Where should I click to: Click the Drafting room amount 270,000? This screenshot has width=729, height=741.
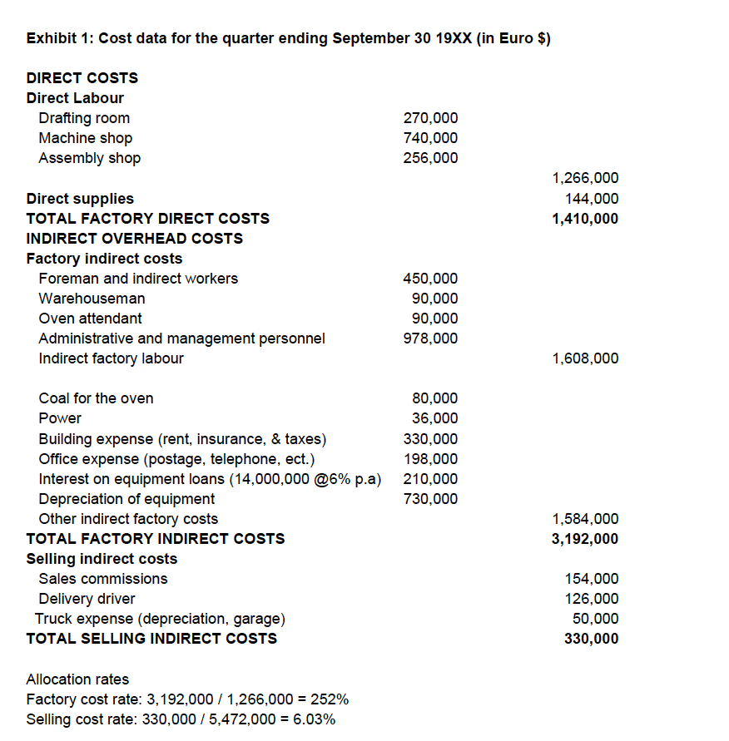pyautogui.click(x=430, y=118)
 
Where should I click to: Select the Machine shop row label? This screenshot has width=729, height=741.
pyautogui.click(x=85, y=138)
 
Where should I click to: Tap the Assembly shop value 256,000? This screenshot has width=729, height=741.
pyautogui.click(x=430, y=158)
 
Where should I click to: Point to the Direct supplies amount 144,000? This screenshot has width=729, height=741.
pyautogui.click(x=591, y=199)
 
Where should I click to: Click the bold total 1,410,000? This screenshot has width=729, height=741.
pyautogui.click(x=585, y=219)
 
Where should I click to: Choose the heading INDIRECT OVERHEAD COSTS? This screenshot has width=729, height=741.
pyautogui.click(x=135, y=239)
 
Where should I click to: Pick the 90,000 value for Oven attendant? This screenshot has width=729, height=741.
pyautogui.click(x=434, y=319)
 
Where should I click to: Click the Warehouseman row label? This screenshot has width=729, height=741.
pyautogui.click(x=92, y=299)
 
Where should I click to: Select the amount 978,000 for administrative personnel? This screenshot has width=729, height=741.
pyautogui.click(x=430, y=338)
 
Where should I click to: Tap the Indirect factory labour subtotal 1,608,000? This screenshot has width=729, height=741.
pyautogui.click(x=585, y=358)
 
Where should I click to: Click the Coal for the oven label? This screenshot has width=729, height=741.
pyautogui.click(x=96, y=398)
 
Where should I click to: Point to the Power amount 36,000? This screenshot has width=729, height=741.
pyautogui.click(x=434, y=418)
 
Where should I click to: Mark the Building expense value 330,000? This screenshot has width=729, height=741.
pyautogui.click(x=430, y=439)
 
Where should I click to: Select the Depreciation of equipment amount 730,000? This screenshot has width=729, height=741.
pyautogui.click(x=430, y=499)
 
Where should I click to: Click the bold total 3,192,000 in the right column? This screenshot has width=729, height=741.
pyautogui.click(x=585, y=539)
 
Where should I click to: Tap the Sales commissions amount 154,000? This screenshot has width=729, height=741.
pyautogui.click(x=591, y=579)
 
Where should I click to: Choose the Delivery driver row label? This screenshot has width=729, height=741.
pyautogui.click(x=87, y=599)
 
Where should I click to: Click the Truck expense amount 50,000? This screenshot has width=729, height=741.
pyautogui.click(x=595, y=619)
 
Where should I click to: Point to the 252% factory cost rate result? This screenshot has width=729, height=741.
pyautogui.click(x=332, y=699)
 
